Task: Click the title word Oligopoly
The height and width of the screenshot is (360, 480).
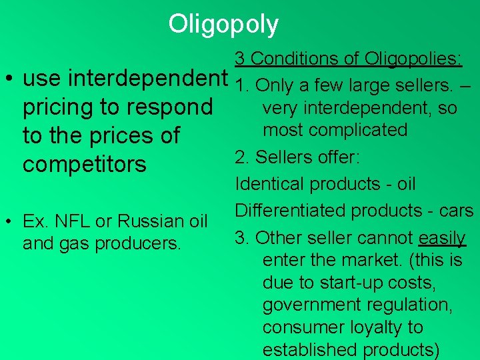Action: (x=223, y=24)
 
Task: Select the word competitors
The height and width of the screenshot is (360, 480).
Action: (x=85, y=164)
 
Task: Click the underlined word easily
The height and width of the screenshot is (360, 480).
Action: (x=442, y=237)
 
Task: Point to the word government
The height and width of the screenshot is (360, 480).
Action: (x=315, y=305)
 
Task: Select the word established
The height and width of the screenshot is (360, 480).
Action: (x=310, y=350)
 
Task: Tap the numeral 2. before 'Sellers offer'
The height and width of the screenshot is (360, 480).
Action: (x=242, y=157)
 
